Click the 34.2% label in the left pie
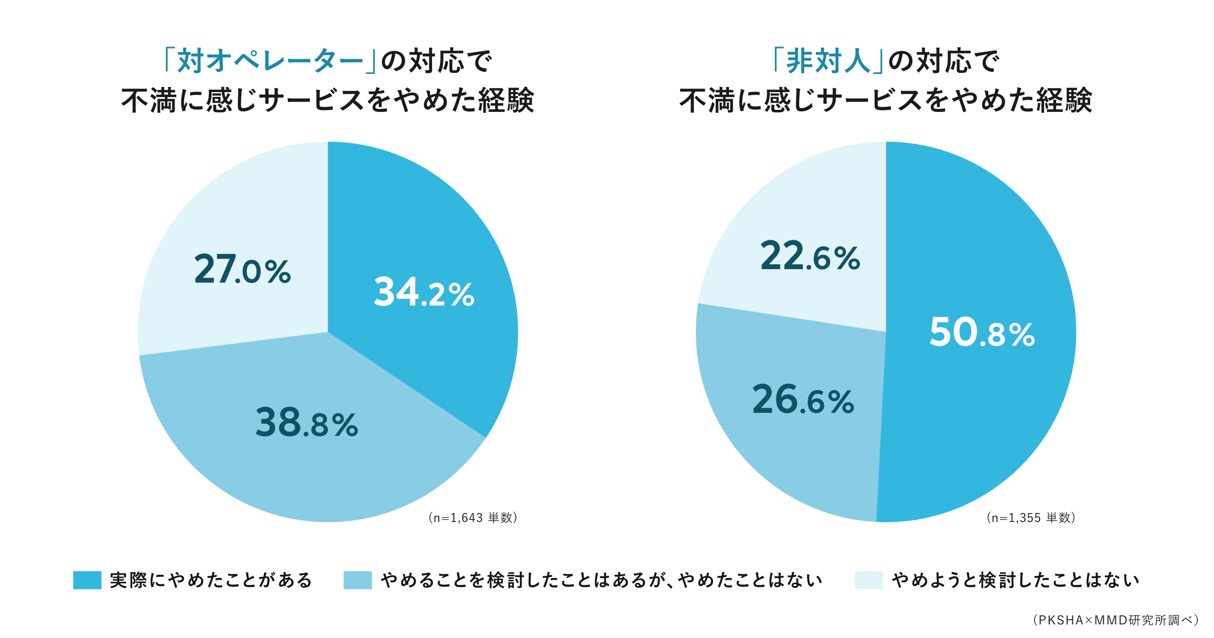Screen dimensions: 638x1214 click(x=424, y=292)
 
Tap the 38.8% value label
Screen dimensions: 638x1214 click(x=307, y=423)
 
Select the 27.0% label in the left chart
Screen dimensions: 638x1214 click(x=242, y=269)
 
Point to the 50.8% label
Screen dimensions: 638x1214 click(x=982, y=332)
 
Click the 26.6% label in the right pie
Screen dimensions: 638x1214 click(x=803, y=400)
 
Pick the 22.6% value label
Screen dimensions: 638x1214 click(x=810, y=256)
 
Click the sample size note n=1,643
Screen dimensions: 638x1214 click(x=472, y=518)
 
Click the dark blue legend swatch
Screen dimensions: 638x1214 click(x=87, y=580)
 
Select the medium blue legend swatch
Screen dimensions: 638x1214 click(x=358, y=580)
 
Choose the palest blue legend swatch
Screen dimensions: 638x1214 click(x=869, y=580)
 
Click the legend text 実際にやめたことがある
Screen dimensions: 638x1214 click(x=211, y=580)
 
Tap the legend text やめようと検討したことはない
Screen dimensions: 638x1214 click(x=1015, y=580)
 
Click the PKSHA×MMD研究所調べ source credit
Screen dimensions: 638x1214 click(x=1115, y=620)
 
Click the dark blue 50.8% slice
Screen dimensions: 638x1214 click(x=986, y=405)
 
